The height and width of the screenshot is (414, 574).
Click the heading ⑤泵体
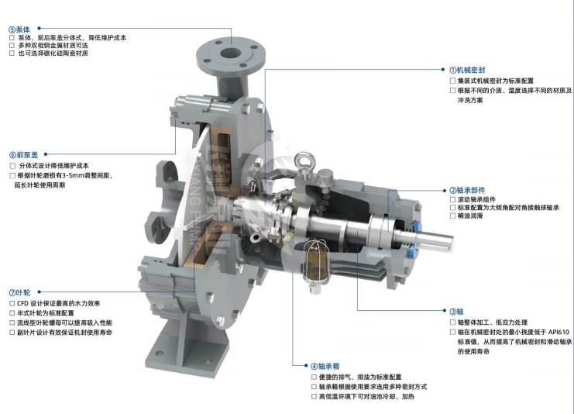click(x=19, y=29)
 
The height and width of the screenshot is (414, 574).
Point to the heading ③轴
click(x=456, y=312)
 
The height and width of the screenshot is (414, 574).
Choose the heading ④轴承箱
click(x=325, y=366)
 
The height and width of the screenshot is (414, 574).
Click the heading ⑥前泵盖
click(x=23, y=154)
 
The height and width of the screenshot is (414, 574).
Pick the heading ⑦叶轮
click(x=20, y=292)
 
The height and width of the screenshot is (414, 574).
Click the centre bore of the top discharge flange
click(x=230, y=53)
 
